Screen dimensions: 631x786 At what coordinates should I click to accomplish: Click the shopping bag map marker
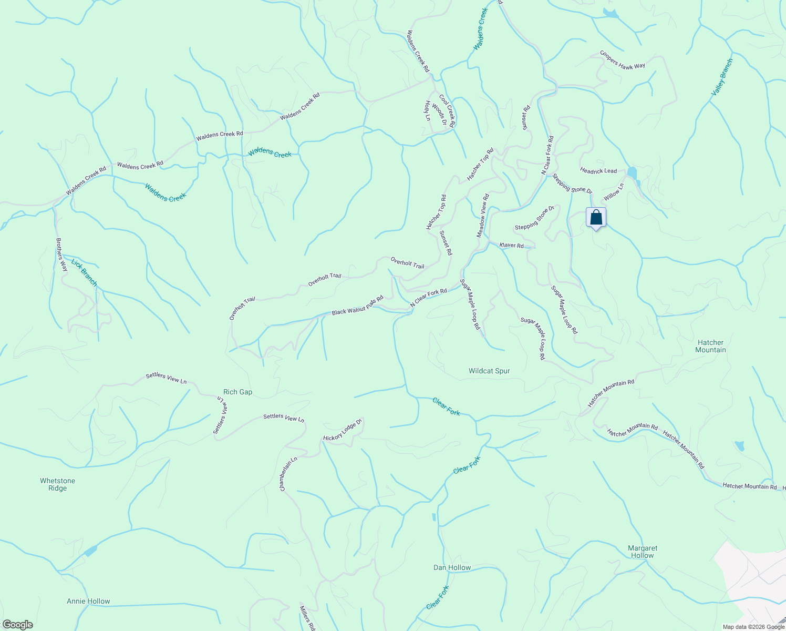pos(596,218)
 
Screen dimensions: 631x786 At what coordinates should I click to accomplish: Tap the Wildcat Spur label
pos(489,371)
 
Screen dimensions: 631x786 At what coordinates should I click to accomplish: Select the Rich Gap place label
pos(237,392)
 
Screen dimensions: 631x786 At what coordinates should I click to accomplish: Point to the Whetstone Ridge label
pos(57,484)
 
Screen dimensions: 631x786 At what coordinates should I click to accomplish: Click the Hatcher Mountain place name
pos(710,346)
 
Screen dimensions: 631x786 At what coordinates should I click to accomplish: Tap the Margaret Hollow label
pos(643,552)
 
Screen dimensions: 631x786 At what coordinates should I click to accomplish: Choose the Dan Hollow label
pos(452,567)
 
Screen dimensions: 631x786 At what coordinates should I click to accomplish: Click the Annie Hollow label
pos(88,601)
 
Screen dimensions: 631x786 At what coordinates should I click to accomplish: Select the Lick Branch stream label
pos(84,272)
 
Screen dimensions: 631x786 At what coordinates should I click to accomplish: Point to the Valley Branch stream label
pos(722,77)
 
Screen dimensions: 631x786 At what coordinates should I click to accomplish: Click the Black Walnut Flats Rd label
pos(357,306)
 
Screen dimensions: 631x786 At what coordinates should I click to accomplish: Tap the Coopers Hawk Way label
pos(623,60)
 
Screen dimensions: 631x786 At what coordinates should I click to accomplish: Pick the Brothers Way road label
pos(62,255)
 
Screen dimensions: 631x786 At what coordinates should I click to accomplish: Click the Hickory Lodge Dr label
pos(343,430)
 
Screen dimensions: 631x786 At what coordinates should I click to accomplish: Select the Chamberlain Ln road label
pos(288,474)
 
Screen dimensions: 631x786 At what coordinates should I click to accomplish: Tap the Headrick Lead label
pos(598,171)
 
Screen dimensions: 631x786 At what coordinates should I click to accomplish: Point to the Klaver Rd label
pos(511,246)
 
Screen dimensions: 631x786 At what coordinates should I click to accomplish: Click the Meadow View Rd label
pos(483,216)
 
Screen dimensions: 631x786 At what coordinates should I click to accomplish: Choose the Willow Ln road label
pos(614,191)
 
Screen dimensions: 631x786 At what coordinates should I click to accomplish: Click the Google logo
pos(17,625)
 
